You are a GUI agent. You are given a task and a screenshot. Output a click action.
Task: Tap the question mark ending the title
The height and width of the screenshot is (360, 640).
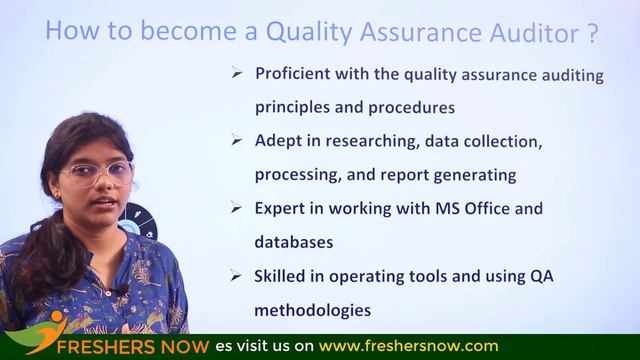tap(592, 32)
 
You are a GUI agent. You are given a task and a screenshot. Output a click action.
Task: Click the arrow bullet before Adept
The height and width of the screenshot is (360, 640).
tap(237, 142)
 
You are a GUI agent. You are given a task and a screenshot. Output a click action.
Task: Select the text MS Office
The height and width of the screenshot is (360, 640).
tap(464, 208)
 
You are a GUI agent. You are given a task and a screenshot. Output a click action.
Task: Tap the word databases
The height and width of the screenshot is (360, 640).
tap(293, 241)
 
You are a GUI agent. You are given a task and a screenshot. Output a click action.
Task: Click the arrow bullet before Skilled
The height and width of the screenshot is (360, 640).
tap(237, 275)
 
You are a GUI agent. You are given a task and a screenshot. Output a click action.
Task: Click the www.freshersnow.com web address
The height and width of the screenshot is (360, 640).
tap(408, 347)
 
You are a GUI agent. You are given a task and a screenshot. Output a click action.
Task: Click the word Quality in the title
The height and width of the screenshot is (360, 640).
tap(304, 32)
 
